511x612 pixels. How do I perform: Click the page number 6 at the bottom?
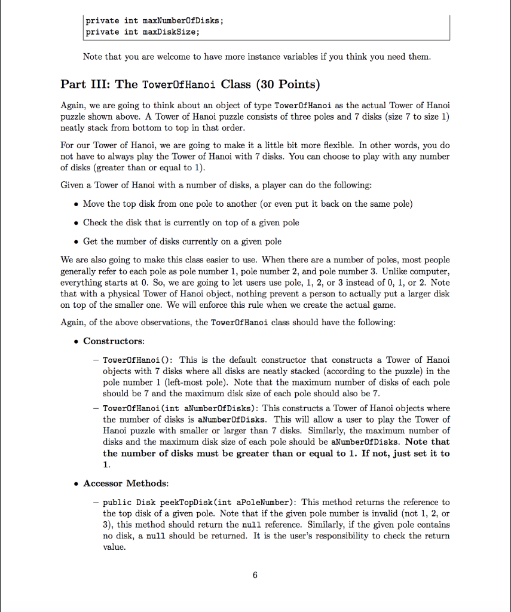[255, 576]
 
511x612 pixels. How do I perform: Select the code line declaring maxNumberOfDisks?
[154, 21]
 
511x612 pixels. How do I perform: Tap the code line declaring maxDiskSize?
[142, 32]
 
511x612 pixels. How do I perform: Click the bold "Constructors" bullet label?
[113, 341]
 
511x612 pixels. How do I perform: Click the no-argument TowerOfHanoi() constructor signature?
[138, 360]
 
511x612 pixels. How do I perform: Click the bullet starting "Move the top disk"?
[247, 204]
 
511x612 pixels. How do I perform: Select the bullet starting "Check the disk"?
[191, 222]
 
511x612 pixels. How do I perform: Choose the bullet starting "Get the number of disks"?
[182, 241]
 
